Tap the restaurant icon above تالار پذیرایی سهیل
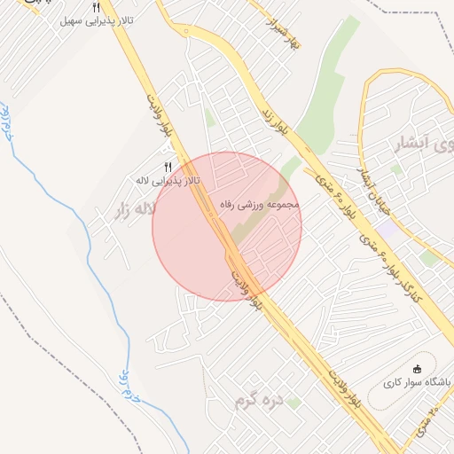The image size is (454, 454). point(96,8)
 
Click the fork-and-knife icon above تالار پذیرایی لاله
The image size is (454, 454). point(168,167)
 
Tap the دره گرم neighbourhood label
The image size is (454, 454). point(258,401)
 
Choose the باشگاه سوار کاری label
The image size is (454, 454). point(417,383)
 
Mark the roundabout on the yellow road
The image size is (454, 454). point(185,34)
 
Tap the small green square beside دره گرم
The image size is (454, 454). point(294,403)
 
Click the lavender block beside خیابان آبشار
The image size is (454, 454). point(387,229)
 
